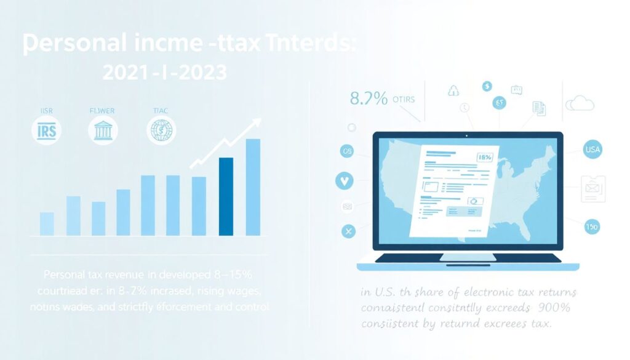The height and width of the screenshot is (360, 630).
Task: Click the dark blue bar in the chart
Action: tap(226, 196)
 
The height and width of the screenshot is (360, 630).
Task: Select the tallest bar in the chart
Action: tap(253, 187)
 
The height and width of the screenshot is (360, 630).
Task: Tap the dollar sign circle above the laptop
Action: tap(487, 86)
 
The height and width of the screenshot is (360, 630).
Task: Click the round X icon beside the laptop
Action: tap(348, 231)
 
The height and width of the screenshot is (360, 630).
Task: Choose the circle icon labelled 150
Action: tap(592, 227)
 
